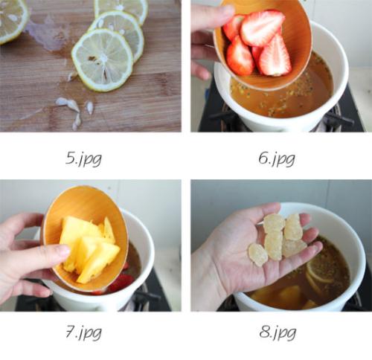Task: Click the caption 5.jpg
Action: click(x=83, y=159)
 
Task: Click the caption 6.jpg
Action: click(x=277, y=159)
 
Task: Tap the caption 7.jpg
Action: click(x=83, y=332)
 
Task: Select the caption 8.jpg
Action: click(x=278, y=332)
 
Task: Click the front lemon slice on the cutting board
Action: click(x=103, y=60)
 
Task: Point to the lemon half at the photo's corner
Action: click(x=13, y=20)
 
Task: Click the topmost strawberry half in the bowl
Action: click(x=262, y=28)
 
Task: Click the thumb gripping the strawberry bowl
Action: click(x=214, y=14)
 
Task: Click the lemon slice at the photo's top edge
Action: click(x=121, y=10)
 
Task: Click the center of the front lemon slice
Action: click(x=103, y=60)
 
